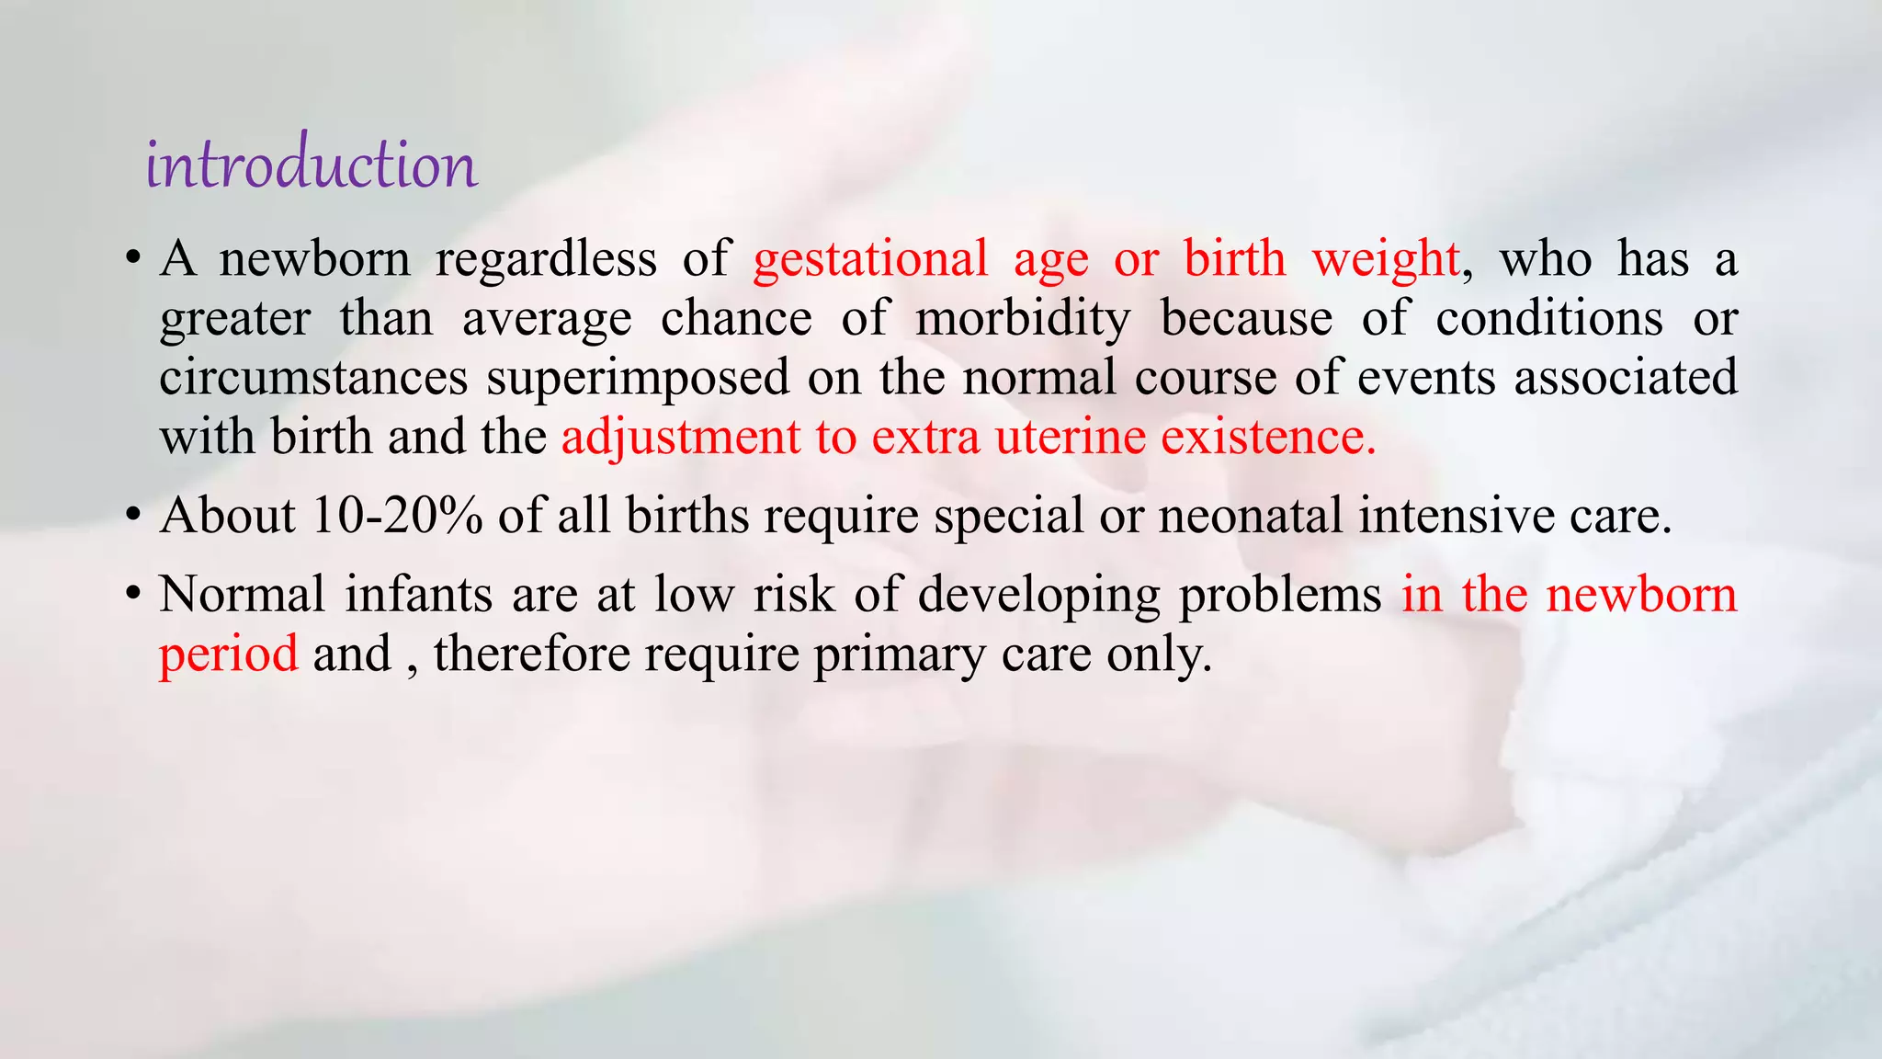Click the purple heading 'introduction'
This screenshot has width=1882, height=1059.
(312, 165)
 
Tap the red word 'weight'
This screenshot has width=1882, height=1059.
(1385, 259)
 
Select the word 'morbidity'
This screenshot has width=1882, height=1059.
(1023, 319)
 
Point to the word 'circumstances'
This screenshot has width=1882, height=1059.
(313, 378)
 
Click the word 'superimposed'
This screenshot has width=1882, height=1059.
(638, 378)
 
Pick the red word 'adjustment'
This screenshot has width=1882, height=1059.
(681, 437)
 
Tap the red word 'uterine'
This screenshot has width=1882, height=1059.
(1071, 437)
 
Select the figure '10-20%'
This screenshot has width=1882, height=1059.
(397, 516)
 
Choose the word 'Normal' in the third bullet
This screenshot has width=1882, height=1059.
(242, 594)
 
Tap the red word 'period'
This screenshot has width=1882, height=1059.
(228, 655)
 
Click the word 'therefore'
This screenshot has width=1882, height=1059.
(531, 655)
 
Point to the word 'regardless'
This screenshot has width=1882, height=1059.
(546, 259)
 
